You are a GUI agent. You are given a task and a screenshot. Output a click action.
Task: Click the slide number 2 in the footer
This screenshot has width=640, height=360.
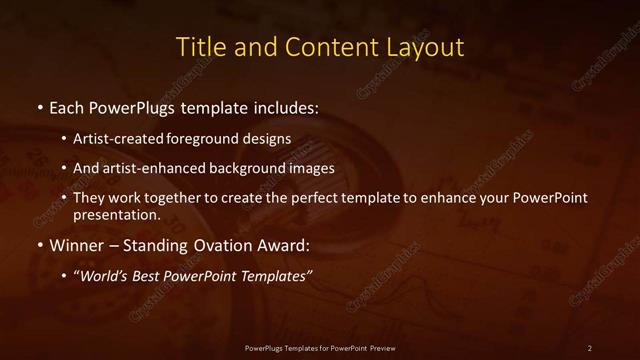[590, 347]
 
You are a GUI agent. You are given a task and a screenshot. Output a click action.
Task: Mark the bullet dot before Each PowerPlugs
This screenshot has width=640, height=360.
[39, 106]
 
